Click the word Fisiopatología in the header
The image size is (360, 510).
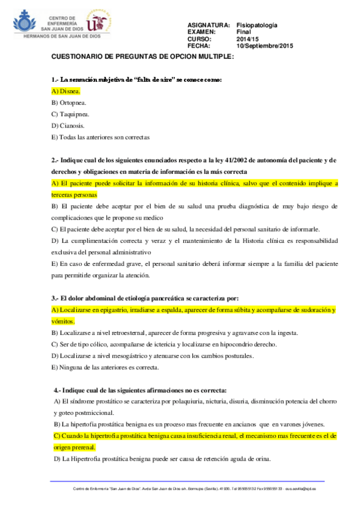point(257,25)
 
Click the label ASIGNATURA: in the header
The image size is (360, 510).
point(209,25)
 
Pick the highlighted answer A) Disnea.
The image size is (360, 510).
point(66,91)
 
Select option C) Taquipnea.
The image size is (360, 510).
point(70,114)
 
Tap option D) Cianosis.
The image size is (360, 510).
point(68,126)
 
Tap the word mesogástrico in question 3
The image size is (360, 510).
point(128,356)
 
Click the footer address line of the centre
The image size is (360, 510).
point(187,489)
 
